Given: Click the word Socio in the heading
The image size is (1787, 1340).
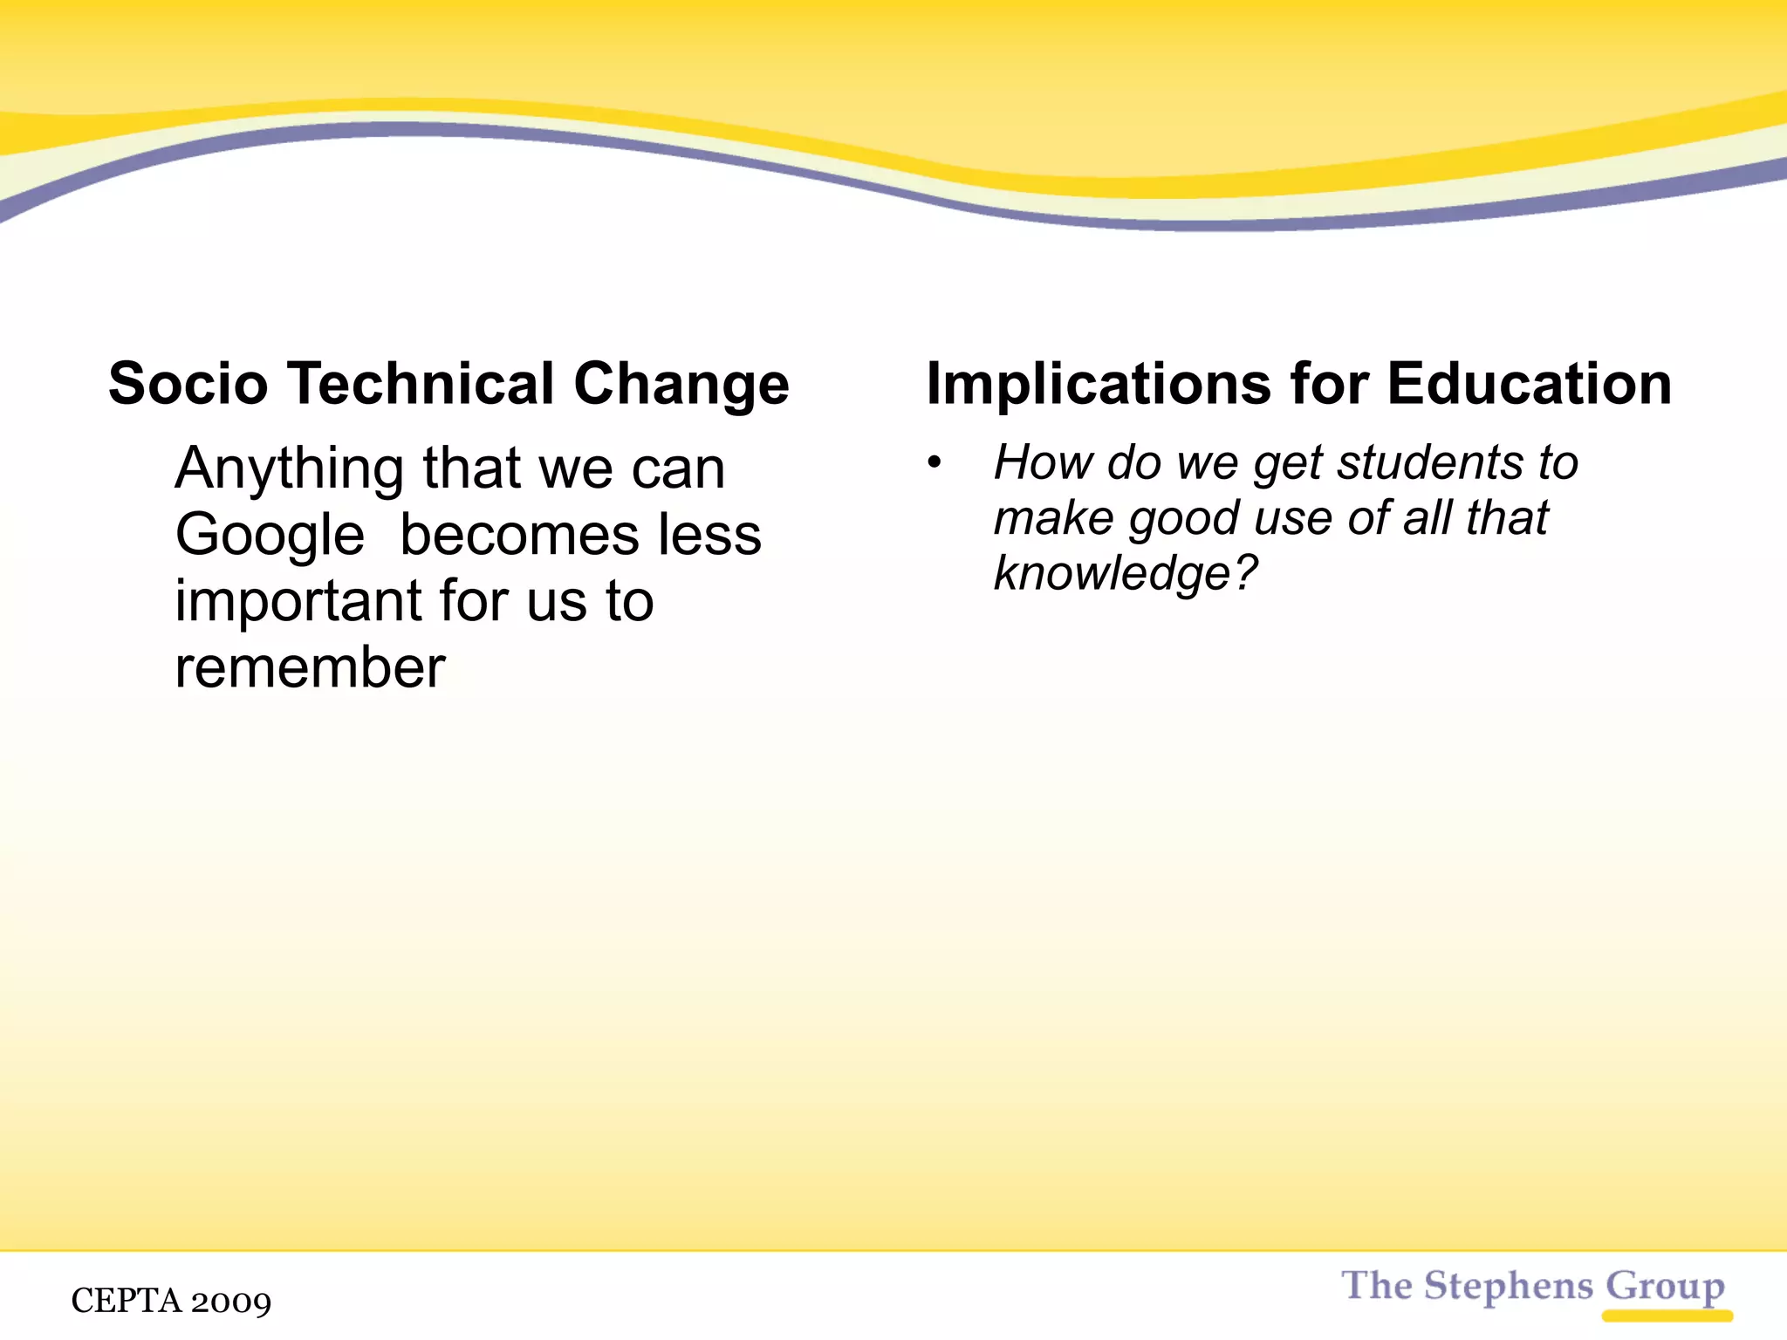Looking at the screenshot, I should tap(188, 384).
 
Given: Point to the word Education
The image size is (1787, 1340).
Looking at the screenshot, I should tap(1530, 384).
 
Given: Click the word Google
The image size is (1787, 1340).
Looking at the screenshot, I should tap(270, 536).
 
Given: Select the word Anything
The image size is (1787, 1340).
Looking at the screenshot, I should tap(289, 470).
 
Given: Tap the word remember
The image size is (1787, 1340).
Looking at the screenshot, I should tap(310, 668).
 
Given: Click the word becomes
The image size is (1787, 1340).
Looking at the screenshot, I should tap(521, 535).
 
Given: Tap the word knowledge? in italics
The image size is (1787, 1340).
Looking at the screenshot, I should tap(1126, 574).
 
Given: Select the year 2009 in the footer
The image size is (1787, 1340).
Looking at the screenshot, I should tap(231, 1302).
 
